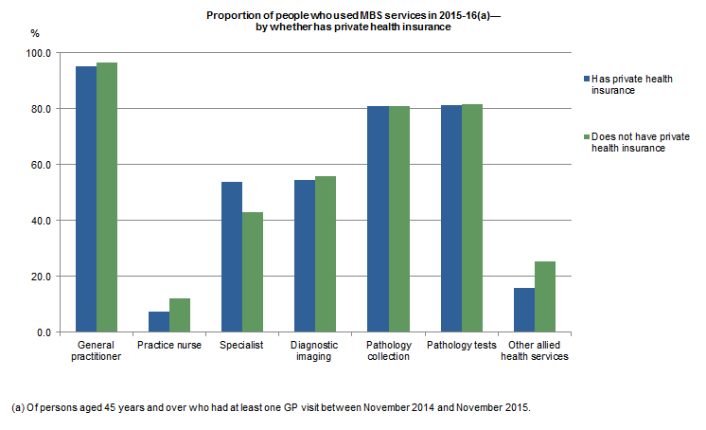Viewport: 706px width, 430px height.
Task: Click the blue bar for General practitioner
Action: [x=86, y=199]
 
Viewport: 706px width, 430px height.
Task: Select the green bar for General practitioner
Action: [x=107, y=197]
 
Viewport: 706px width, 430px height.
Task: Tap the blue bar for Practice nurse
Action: [x=159, y=322]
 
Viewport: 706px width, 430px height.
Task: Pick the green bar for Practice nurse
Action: [x=180, y=315]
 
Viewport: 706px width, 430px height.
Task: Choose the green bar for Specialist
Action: [x=253, y=272]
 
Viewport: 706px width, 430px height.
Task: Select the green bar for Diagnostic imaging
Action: [x=326, y=254]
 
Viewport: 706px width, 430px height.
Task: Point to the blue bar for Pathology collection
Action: [x=378, y=219]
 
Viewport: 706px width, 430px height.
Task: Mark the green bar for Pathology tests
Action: [x=472, y=218]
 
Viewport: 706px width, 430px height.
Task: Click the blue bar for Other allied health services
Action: [x=524, y=310]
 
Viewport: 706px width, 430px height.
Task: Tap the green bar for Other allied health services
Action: [x=545, y=296]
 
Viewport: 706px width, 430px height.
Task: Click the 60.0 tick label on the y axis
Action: [x=40, y=165]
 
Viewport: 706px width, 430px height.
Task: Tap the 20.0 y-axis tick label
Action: [x=40, y=277]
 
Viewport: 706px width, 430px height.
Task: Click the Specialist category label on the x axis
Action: [x=242, y=345]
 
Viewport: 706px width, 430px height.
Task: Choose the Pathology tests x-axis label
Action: [x=462, y=345]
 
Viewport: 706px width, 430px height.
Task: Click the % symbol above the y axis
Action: [x=35, y=33]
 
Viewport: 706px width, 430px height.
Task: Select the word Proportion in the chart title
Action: [x=232, y=17]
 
